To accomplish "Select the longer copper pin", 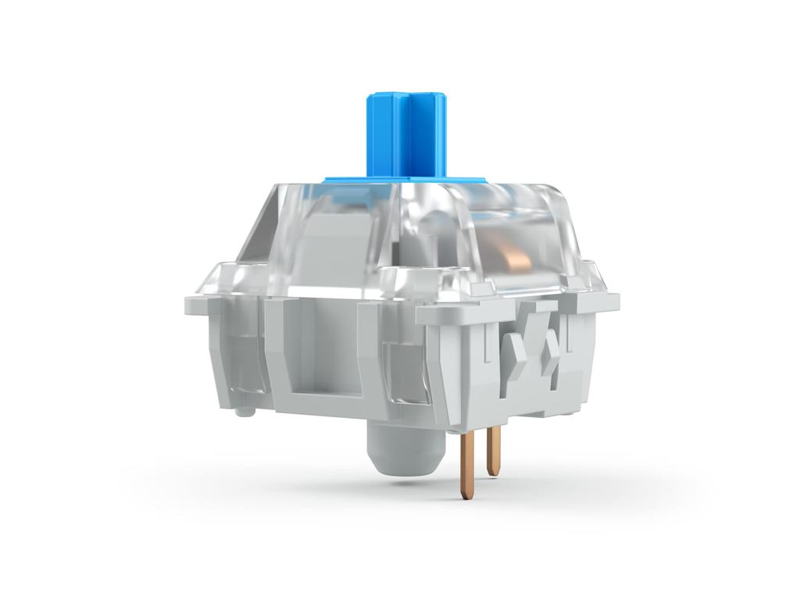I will point(466,465).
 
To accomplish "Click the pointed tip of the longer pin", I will point(466,496).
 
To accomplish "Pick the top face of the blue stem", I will point(406,98).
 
